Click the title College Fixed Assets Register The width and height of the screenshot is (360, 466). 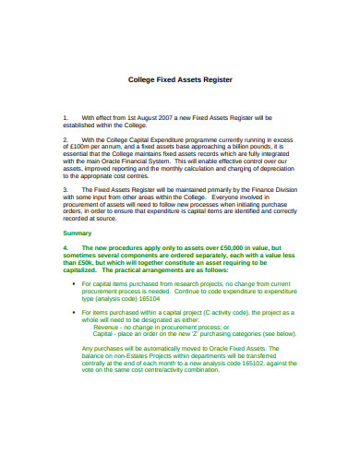180,80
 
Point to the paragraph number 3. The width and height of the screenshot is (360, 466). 65,188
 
